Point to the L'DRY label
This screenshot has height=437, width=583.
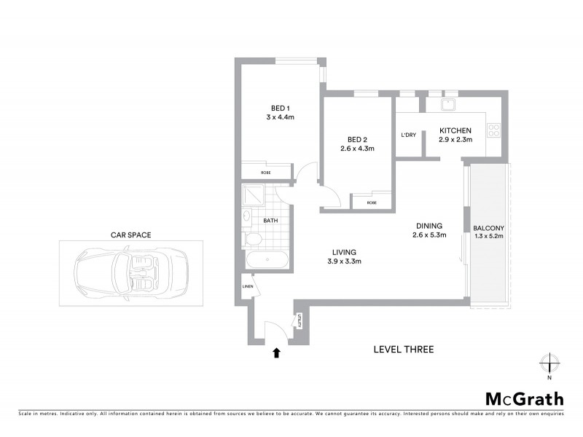point(408,135)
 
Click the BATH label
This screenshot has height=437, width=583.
point(270,220)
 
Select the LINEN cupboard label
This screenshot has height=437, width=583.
point(247,286)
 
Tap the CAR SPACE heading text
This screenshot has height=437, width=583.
point(131,235)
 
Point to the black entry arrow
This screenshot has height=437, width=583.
point(276,353)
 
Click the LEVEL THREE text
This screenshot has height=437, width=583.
point(403,350)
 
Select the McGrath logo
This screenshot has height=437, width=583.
point(524,398)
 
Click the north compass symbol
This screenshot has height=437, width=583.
point(549,363)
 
